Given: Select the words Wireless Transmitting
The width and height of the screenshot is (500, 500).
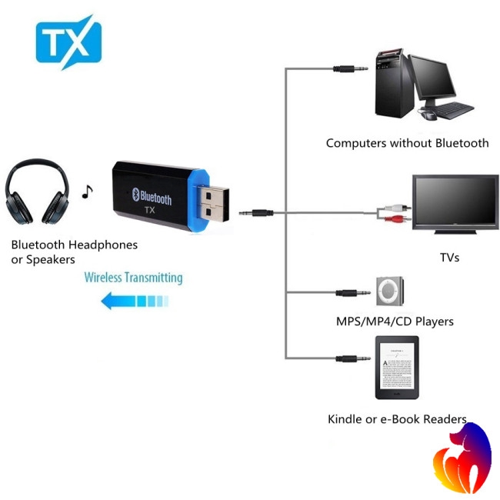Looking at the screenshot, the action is click(x=133, y=278).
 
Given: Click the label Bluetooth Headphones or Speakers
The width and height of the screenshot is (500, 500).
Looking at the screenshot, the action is click(x=74, y=252).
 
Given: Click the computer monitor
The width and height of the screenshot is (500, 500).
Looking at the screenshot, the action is click(x=444, y=81).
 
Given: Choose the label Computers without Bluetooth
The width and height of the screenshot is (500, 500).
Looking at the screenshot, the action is click(x=407, y=143).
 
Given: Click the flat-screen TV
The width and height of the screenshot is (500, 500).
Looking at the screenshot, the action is click(x=455, y=202).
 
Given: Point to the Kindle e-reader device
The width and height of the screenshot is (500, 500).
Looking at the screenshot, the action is click(x=397, y=368).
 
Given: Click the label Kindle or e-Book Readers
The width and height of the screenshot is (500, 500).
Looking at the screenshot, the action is click(x=397, y=419).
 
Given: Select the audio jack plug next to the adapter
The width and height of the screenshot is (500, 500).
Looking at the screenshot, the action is click(x=258, y=211).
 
